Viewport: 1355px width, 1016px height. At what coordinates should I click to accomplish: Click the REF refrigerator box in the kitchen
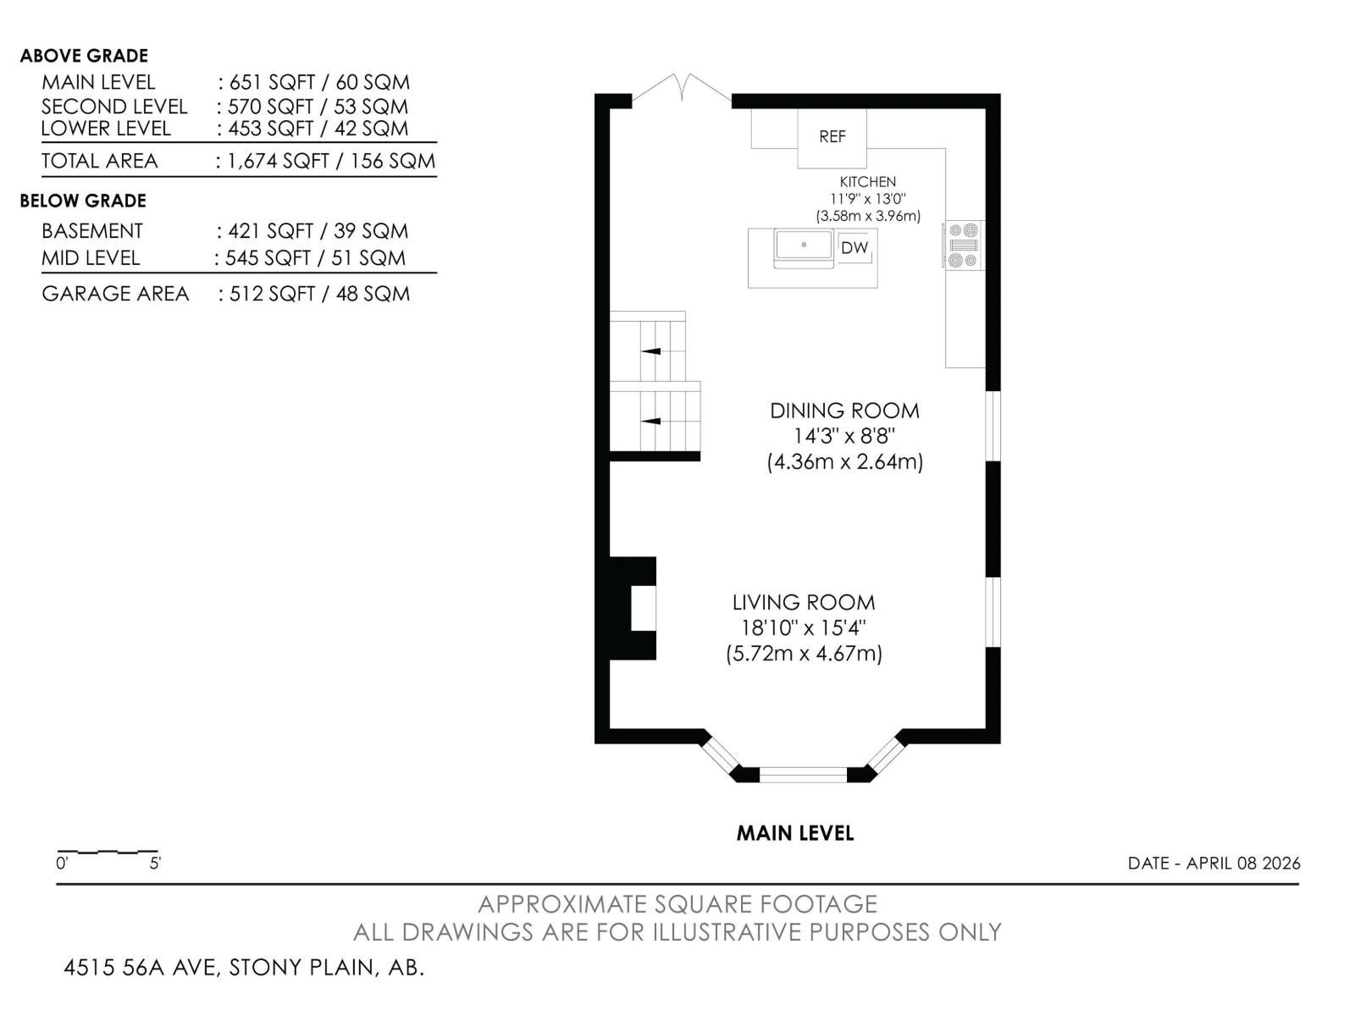(832, 137)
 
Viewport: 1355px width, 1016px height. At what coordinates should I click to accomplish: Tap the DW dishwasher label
(854, 248)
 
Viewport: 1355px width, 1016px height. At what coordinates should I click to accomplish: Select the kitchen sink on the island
(805, 246)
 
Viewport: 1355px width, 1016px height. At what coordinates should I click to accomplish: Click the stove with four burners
(964, 246)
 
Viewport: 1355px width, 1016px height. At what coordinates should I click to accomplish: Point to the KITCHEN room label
(867, 182)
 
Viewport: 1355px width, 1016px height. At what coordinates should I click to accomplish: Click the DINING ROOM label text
(844, 411)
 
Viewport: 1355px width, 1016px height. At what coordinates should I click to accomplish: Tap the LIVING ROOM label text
(804, 603)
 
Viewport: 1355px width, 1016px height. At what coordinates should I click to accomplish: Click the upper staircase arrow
(650, 351)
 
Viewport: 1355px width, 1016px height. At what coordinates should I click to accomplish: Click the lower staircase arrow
(650, 421)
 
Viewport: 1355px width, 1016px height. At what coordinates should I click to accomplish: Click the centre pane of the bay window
(803, 774)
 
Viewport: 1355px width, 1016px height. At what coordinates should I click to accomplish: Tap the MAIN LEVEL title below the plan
(795, 833)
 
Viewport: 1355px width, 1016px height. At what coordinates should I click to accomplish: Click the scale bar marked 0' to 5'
(108, 852)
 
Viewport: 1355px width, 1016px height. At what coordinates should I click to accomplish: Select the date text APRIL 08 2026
(1242, 864)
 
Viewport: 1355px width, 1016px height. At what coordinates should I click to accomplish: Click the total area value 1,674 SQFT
(279, 161)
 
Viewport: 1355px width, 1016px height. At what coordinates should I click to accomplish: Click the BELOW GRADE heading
(83, 201)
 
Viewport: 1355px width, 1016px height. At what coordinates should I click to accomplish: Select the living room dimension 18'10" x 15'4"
(804, 628)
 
